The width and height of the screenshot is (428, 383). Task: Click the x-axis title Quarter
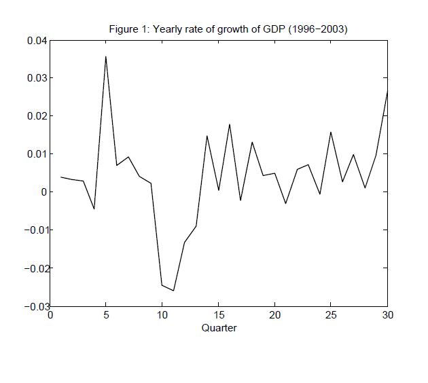(219, 328)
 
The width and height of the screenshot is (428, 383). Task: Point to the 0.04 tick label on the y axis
(37, 40)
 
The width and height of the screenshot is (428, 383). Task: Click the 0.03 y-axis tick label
(37, 78)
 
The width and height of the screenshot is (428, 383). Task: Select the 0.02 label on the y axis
(37, 116)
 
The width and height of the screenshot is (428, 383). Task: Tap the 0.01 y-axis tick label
(37, 154)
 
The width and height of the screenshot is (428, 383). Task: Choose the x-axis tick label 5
(106, 315)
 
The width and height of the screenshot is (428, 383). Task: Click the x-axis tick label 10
(162, 315)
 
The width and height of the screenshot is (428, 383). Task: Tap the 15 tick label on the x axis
(219, 315)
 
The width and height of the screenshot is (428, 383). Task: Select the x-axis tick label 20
(274, 315)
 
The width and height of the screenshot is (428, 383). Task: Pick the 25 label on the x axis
(331, 315)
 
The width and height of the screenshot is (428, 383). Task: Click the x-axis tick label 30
(387, 315)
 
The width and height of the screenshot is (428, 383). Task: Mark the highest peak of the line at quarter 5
(106, 56)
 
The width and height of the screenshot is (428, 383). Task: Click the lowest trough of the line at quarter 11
(173, 291)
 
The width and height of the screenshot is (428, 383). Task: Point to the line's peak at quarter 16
(230, 124)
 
